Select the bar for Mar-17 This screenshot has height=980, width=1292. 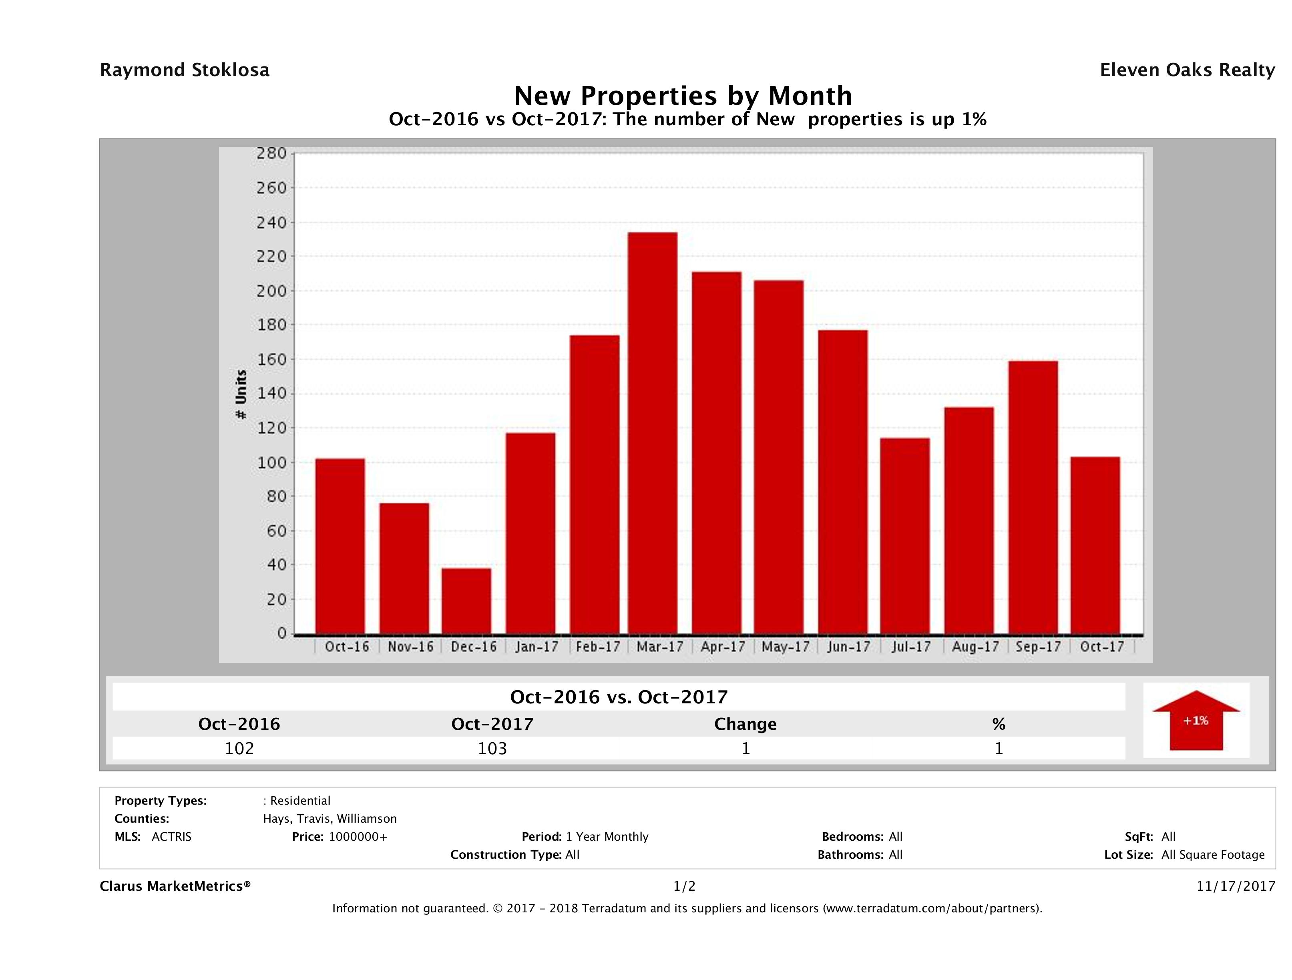point(653,433)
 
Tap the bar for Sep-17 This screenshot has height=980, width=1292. point(1033,497)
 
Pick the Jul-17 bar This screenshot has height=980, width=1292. point(905,536)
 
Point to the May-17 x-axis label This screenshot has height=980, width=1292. point(786,647)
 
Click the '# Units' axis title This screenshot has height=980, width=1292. point(241,395)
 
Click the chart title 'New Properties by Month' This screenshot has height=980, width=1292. point(683,95)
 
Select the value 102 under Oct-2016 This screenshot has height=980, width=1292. point(239,748)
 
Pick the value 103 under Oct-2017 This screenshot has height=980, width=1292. point(492,748)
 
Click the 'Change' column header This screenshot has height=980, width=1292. point(745,724)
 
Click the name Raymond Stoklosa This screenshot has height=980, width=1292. point(185,70)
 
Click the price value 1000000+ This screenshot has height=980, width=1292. point(358,836)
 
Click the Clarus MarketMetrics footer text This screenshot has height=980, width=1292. point(175,886)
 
